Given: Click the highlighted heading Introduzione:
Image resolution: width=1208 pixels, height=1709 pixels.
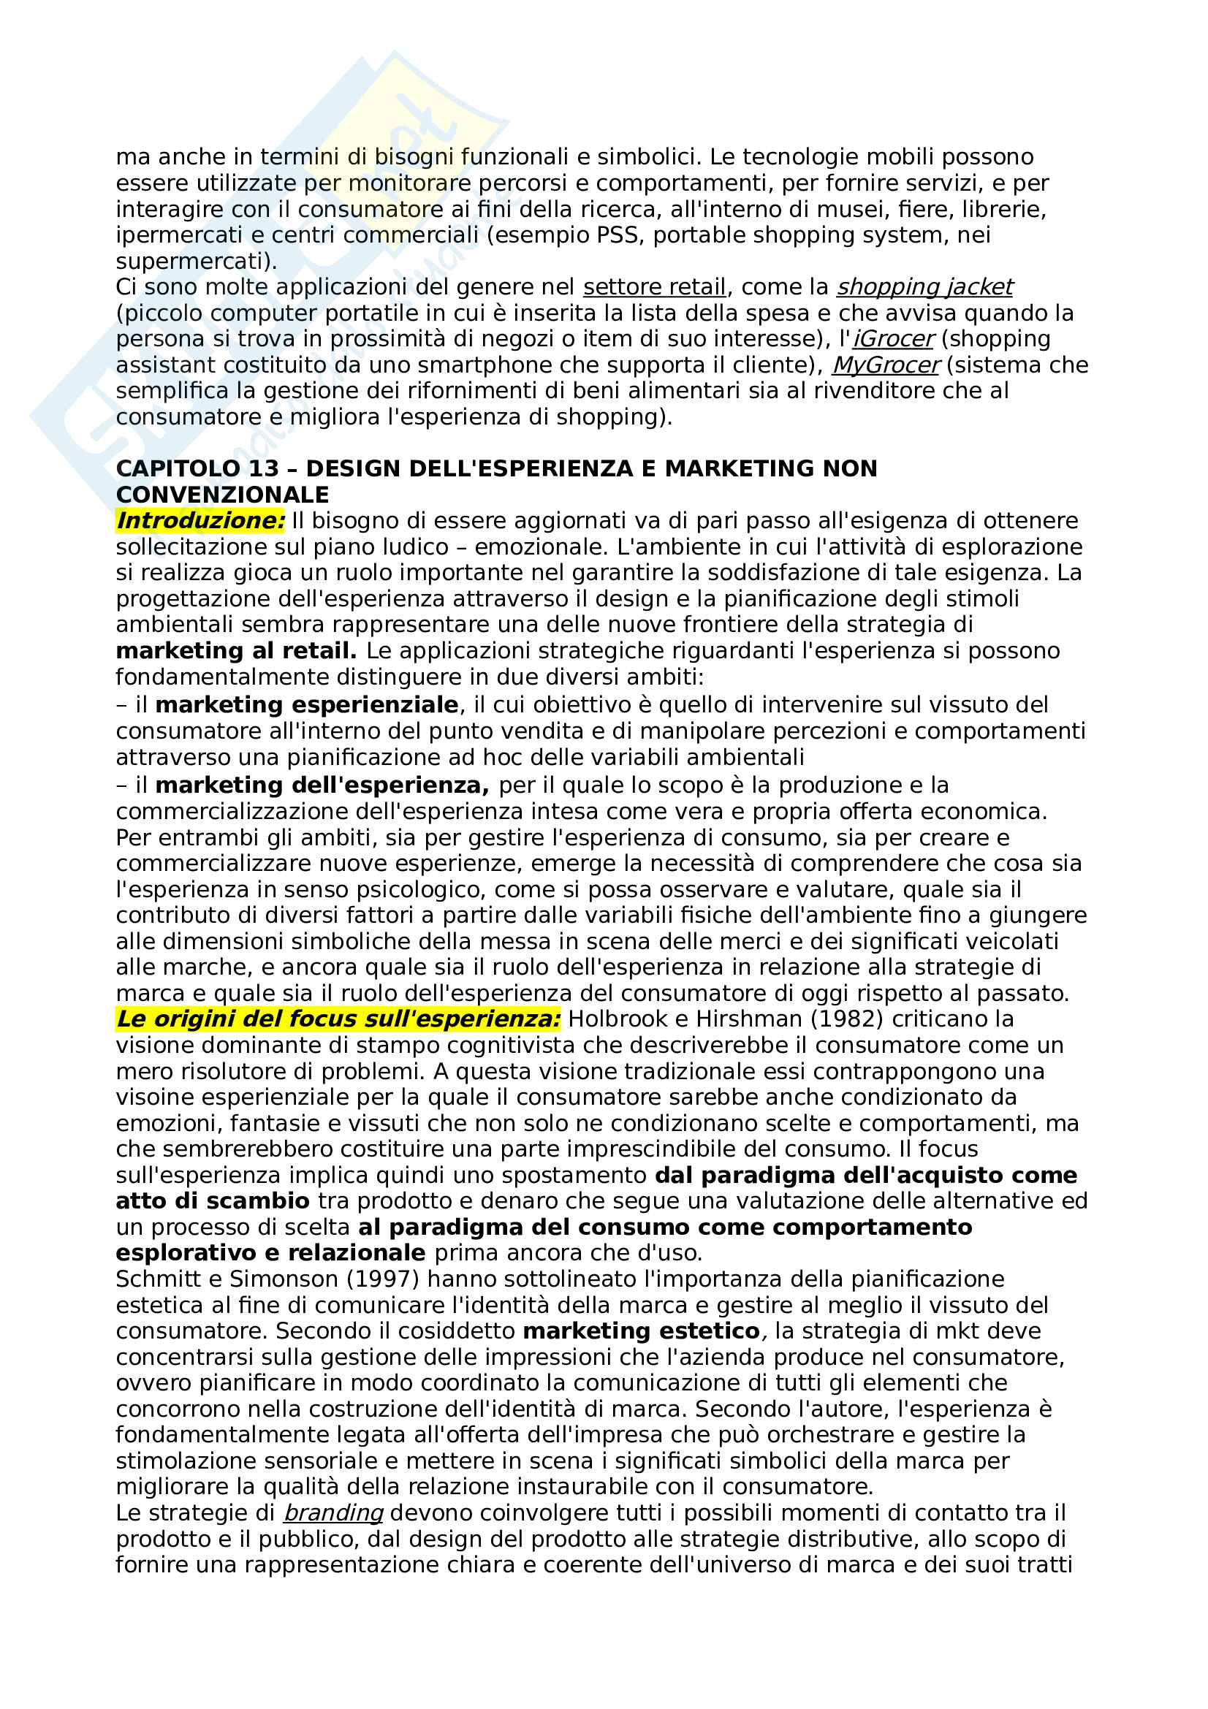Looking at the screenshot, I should [x=200, y=520].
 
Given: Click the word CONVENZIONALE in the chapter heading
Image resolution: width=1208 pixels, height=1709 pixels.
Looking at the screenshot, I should [x=223, y=494].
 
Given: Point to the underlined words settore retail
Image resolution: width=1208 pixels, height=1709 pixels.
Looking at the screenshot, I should [x=653, y=286].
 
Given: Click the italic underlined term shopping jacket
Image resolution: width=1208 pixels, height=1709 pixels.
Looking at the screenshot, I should [x=924, y=286].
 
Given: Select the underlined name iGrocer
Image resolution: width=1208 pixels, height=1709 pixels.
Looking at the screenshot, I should [x=893, y=339].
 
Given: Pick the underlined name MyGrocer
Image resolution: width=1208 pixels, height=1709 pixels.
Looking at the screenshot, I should [x=886, y=365].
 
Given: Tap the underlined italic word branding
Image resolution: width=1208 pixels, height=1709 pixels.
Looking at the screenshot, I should [x=333, y=1512].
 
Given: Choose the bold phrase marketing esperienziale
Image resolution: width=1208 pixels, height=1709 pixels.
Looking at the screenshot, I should [x=307, y=704].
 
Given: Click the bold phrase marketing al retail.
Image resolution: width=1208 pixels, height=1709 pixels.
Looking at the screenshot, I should [x=236, y=650].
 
